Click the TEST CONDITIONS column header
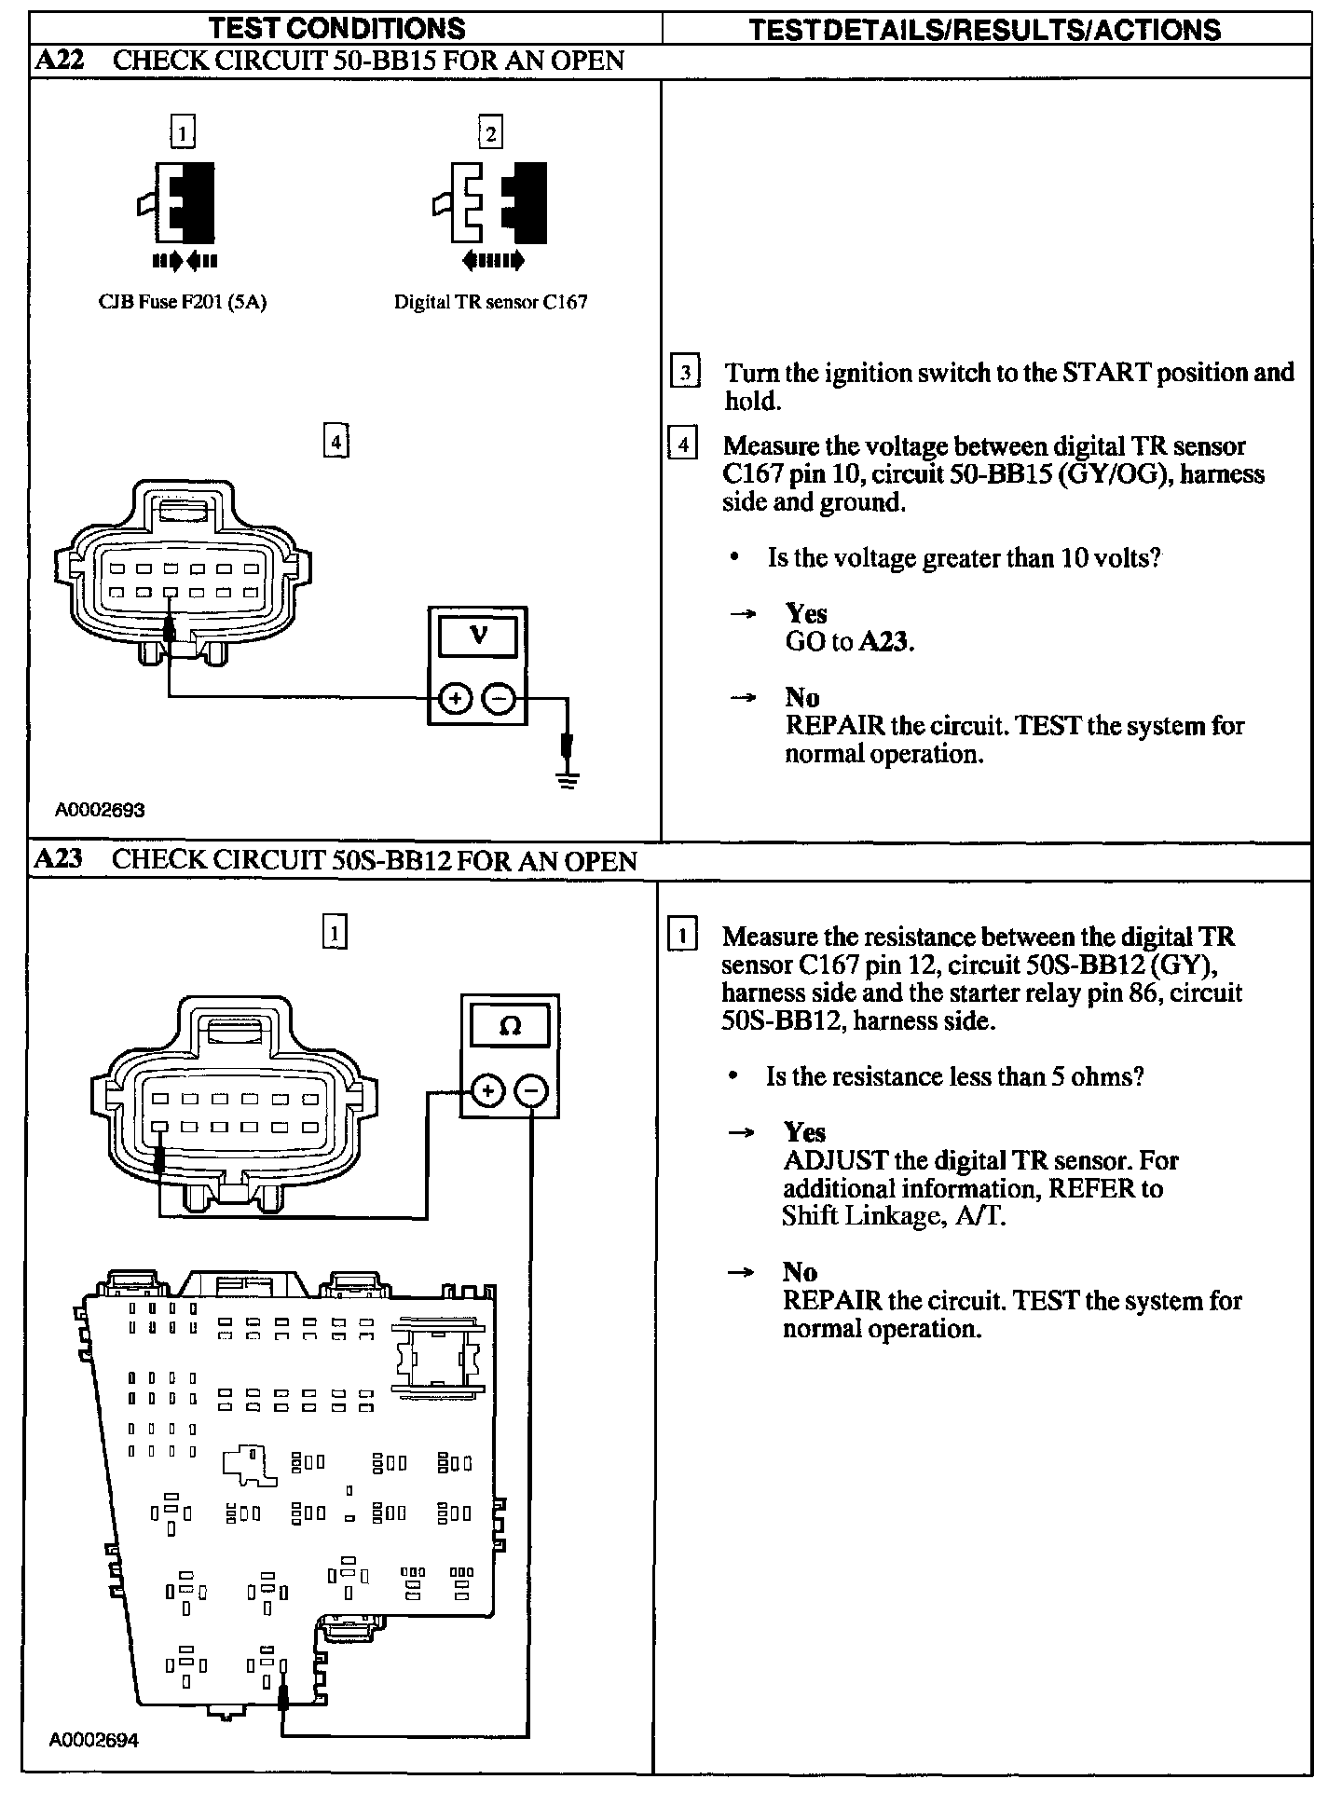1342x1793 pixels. click(336, 28)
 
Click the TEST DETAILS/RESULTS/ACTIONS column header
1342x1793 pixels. click(985, 30)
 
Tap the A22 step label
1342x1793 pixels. click(59, 61)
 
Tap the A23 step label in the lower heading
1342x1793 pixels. click(58, 858)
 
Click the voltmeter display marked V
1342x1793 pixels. click(477, 636)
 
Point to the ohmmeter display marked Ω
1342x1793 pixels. click(510, 1026)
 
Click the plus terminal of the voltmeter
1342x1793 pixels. click(455, 698)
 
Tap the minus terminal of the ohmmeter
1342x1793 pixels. click(532, 1089)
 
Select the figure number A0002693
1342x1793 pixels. click(100, 810)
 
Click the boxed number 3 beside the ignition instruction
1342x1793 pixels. click(685, 373)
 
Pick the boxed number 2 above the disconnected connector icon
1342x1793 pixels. click(490, 132)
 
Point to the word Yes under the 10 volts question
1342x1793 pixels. click(806, 613)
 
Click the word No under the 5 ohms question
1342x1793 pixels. click(800, 1272)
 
